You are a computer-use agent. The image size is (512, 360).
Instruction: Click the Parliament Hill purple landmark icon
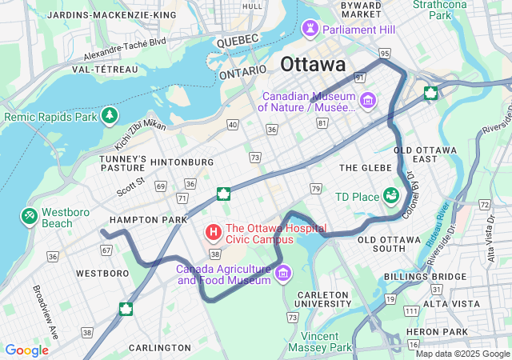tap(310, 30)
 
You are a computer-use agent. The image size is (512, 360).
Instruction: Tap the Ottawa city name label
tap(313, 64)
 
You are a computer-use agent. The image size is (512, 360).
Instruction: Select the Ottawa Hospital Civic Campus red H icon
tap(214, 233)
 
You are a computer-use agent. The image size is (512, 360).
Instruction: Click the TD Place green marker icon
tap(391, 196)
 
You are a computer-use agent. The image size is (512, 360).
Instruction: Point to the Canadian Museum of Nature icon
tap(367, 100)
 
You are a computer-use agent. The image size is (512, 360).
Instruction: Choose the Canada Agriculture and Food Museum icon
tap(282, 274)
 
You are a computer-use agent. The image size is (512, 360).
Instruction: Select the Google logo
tap(26, 350)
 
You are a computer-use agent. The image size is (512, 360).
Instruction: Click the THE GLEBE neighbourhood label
tap(366, 167)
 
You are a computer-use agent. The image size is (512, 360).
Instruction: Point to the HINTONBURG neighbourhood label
tap(182, 162)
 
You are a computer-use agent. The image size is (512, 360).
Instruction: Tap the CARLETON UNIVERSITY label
tap(323, 299)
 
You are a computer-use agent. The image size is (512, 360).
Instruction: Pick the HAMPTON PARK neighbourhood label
tap(148, 219)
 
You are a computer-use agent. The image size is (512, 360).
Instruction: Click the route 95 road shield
tap(385, 53)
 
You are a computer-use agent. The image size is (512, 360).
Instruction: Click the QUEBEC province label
tap(237, 39)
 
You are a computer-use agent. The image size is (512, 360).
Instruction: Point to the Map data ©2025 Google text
tap(462, 354)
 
